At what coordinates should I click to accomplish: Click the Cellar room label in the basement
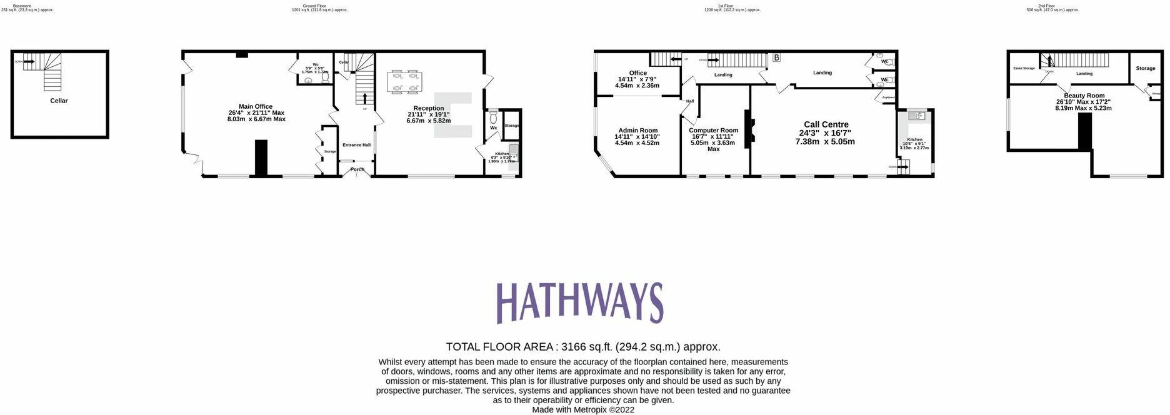click(x=59, y=101)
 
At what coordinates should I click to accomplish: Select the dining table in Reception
click(x=404, y=82)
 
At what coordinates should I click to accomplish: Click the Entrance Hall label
click(x=356, y=145)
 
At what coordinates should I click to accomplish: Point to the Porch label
click(x=357, y=169)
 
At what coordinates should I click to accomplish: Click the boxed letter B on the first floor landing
click(x=776, y=58)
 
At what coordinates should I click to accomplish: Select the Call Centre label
click(x=826, y=124)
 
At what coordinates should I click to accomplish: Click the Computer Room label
click(x=713, y=130)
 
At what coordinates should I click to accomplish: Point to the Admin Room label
click(x=637, y=130)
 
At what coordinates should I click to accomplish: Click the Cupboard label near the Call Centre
click(x=888, y=97)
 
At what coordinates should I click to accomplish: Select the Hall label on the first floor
click(x=690, y=101)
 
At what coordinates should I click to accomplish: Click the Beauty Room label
click(x=1084, y=96)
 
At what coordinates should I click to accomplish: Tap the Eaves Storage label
click(x=1024, y=68)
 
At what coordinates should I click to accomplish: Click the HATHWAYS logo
click(x=579, y=302)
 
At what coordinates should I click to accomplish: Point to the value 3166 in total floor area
click(x=572, y=347)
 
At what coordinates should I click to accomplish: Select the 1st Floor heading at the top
click(x=725, y=6)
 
